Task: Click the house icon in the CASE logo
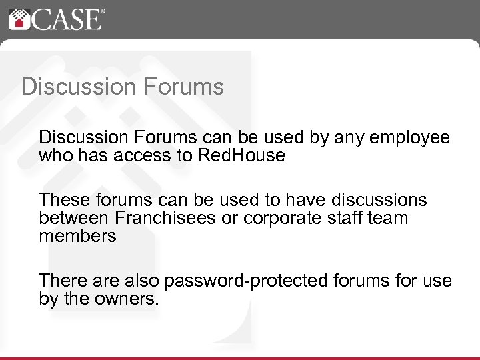[18, 19]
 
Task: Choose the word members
[77, 236]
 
